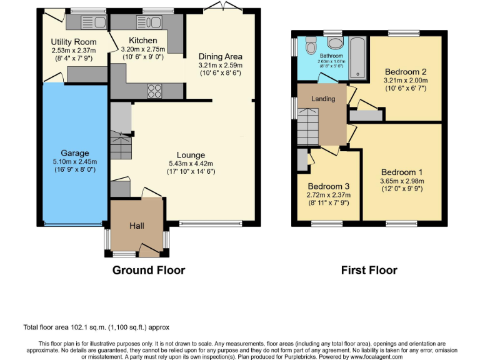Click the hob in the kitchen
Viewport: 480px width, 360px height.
click(x=154, y=91)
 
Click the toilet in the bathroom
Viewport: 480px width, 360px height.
click(x=336, y=44)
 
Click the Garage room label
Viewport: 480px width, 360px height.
click(x=74, y=153)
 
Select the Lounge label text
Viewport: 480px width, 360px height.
click(x=191, y=156)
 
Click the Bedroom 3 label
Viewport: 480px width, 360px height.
click(x=329, y=186)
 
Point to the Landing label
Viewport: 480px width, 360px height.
click(x=323, y=99)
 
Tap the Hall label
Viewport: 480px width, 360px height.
click(x=137, y=225)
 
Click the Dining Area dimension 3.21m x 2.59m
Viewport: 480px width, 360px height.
click(x=219, y=64)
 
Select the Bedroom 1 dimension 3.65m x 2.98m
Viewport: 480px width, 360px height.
click(x=402, y=181)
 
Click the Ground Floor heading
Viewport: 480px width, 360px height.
click(x=149, y=270)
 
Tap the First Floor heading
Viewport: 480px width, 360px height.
click(x=369, y=270)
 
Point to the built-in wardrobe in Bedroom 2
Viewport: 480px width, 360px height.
click(x=366, y=116)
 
